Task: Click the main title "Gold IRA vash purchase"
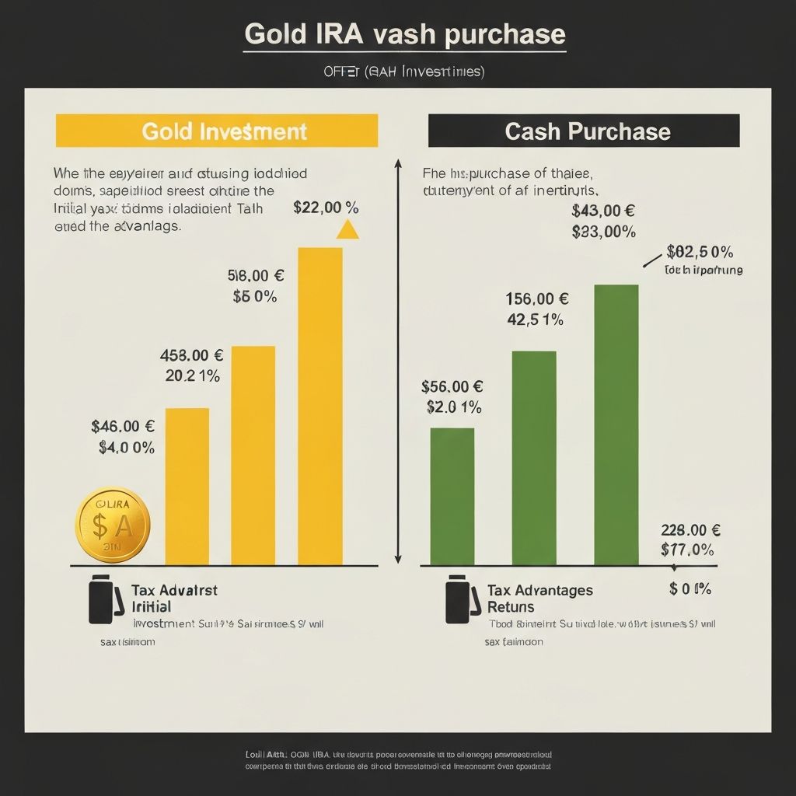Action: [x=404, y=34]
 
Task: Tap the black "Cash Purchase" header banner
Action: [x=584, y=131]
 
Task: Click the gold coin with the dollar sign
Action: [x=112, y=526]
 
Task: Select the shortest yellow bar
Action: [x=187, y=486]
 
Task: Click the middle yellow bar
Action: [x=253, y=455]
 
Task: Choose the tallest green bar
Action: [x=616, y=424]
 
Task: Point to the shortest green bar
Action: [x=452, y=496]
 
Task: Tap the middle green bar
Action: [x=534, y=458]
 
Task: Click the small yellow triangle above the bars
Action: [x=347, y=229]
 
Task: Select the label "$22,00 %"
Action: [x=326, y=208]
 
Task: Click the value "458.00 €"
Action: [x=191, y=356]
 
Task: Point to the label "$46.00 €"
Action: [x=123, y=426]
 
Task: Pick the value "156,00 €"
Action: [x=537, y=298]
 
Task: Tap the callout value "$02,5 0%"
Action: [x=700, y=253]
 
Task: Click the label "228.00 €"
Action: [x=690, y=531]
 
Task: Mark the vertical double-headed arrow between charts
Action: [x=398, y=361]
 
